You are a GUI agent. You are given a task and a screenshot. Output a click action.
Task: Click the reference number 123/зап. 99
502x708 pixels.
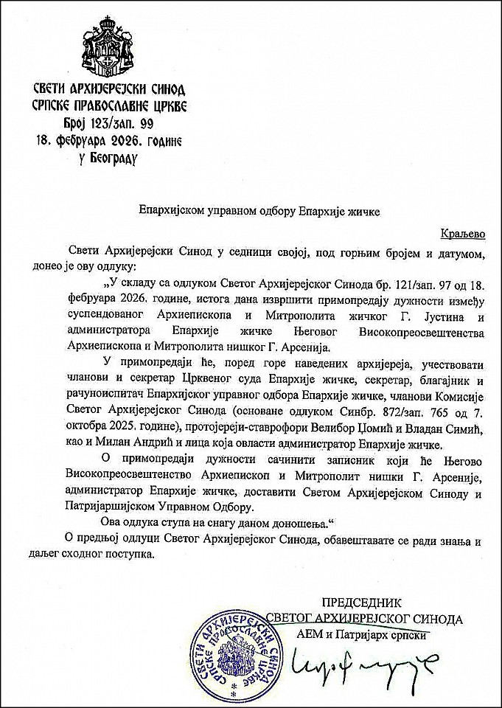pyautogui.click(x=118, y=123)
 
